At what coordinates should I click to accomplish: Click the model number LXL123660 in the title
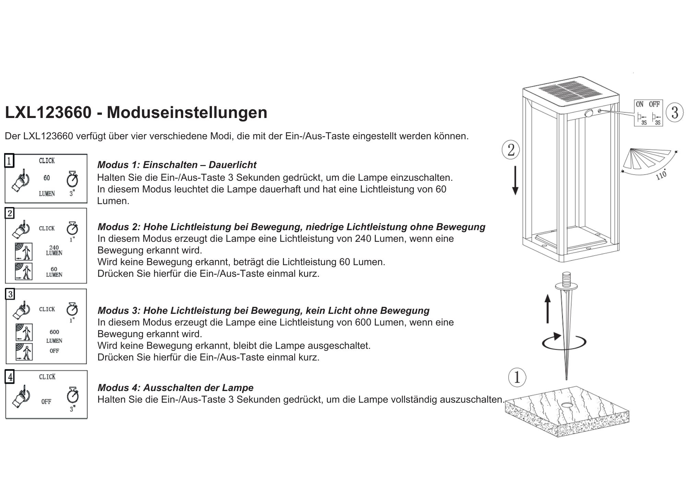(x=48, y=113)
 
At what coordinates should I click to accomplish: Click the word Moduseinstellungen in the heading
(x=187, y=113)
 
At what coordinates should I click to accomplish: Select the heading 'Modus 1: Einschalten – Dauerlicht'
(x=177, y=165)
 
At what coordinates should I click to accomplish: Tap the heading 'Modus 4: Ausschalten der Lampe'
(x=175, y=388)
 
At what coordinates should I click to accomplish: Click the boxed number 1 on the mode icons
(x=9, y=161)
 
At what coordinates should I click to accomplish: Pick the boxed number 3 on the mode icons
(x=10, y=294)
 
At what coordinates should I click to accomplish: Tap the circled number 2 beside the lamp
(x=511, y=150)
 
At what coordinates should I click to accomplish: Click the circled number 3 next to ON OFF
(x=674, y=112)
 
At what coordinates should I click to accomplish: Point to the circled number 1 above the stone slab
(x=517, y=377)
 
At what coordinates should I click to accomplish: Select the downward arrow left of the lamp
(x=515, y=182)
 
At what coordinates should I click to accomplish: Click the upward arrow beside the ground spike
(x=547, y=309)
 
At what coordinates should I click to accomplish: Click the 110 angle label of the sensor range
(x=661, y=175)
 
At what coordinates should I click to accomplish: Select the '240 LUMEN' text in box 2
(x=54, y=250)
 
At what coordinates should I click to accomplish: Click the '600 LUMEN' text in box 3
(x=54, y=336)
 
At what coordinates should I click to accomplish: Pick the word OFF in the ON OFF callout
(x=654, y=104)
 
